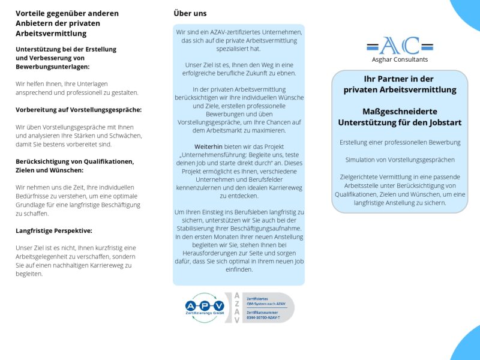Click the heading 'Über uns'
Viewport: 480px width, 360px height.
(x=190, y=13)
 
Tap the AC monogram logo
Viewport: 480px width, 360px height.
(x=400, y=45)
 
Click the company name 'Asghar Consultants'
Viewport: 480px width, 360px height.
(x=400, y=59)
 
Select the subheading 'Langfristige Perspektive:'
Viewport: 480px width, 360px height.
(x=54, y=230)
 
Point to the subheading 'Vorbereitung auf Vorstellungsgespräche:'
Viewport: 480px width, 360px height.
(x=79, y=110)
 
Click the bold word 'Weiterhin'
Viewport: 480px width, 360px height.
(x=207, y=146)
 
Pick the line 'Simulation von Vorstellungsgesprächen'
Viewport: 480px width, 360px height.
(x=400, y=160)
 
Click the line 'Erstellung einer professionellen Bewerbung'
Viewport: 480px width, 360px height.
(x=400, y=142)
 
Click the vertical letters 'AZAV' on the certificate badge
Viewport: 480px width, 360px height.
(x=236, y=308)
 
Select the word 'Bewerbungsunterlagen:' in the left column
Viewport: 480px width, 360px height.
(x=53, y=67)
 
